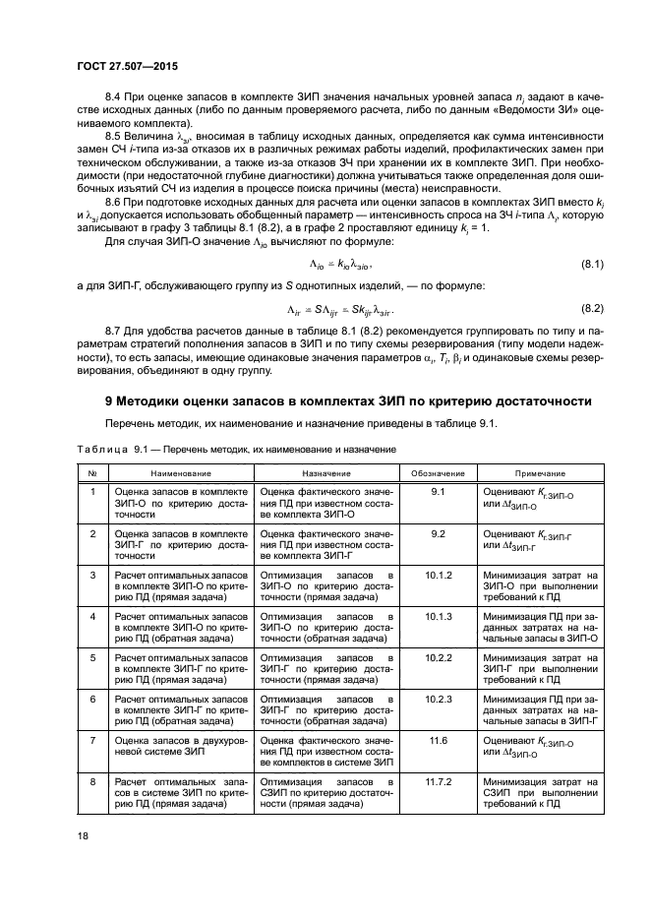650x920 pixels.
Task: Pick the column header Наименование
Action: pyautogui.click(x=176, y=473)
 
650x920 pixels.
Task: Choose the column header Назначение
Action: pyautogui.click(x=325, y=473)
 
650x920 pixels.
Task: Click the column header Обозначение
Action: pyautogui.click(x=438, y=473)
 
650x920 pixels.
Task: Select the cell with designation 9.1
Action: pyautogui.click(x=438, y=489)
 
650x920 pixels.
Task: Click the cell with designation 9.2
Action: pyautogui.click(x=438, y=531)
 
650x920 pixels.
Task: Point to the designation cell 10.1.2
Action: pyautogui.click(x=438, y=573)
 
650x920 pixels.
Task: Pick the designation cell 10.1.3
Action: pyautogui.click(x=438, y=615)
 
